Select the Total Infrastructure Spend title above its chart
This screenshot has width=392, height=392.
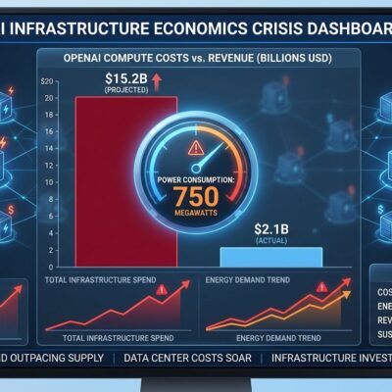click(x=100, y=282)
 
